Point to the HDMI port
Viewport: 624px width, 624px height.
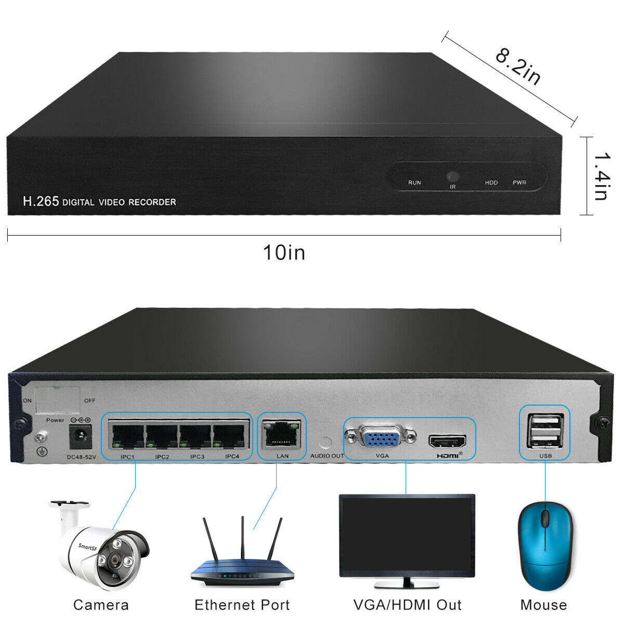[x=447, y=442]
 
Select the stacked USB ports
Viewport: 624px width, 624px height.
[x=544, y=431]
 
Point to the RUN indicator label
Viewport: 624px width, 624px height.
[x=414, y=183]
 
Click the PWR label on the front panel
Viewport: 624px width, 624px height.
[x=519, y=183]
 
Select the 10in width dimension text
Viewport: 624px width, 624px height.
[x=284, y=253]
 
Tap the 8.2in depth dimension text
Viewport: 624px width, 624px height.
[x=518, y=67]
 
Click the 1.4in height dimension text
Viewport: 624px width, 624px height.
[x=601, y=176]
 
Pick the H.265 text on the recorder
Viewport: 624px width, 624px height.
[x=41, y=201]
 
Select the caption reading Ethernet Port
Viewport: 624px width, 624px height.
[x=242, y=605]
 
